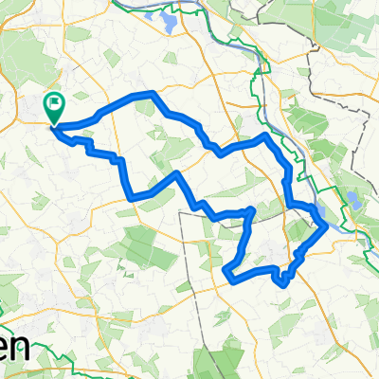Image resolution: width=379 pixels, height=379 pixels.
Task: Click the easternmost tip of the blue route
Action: click(x=327, y=225)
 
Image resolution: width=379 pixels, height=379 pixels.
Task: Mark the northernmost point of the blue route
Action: click(x=150, y=94)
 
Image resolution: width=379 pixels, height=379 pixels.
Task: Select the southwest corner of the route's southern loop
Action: click(x=226, y=277)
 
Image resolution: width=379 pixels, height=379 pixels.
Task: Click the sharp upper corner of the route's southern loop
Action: click(x=251, y=209)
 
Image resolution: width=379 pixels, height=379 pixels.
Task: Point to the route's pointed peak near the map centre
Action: click(x=178, y=174)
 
